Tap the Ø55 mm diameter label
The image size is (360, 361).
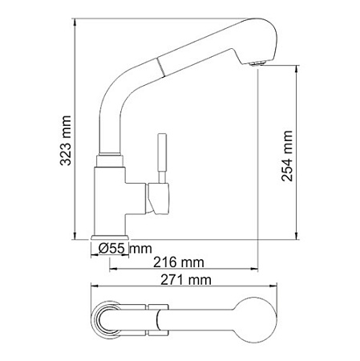126,248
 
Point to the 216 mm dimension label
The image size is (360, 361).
178,263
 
